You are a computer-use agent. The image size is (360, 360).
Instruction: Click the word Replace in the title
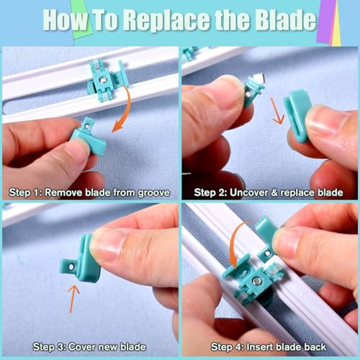click(168, 21)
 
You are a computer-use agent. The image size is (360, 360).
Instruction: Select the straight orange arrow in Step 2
click(277, 111)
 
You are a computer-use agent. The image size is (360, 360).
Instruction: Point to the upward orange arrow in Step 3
click(73, 299)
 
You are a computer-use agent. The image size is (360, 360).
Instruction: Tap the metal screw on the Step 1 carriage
click(104, 79)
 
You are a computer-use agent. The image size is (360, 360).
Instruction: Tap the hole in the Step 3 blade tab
click(71, 267)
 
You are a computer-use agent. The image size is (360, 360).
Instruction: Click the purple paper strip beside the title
click(325, 23)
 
